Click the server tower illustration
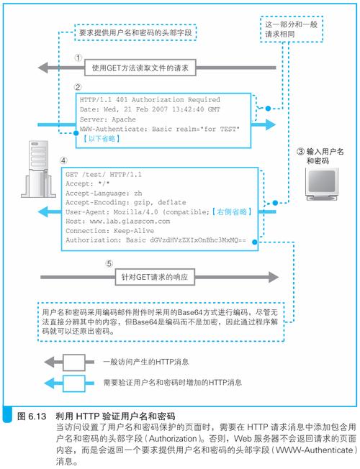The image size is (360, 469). tap(38, 169)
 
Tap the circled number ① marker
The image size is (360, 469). tap(78, 58)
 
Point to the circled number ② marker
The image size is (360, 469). tap(78, 87)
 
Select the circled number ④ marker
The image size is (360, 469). tap(63, 160)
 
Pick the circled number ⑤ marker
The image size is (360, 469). tap(109, 264)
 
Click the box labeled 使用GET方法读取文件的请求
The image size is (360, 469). tap(140, 68)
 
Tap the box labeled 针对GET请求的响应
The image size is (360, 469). tap(155, 277)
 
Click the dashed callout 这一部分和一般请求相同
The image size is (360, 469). tap(292, 29)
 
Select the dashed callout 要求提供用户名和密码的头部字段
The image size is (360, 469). tap(135, 32)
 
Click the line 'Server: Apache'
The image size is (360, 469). tap(108, 119)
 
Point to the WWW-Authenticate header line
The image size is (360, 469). tap(160, 129)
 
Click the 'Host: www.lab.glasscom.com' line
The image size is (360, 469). tap(117, 222)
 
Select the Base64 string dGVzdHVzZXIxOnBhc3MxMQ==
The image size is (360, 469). tap(198, 240)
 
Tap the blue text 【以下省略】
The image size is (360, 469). tap(102, 139)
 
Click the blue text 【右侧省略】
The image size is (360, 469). tap(232, 212)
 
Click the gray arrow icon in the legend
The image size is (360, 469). tap(69, 363)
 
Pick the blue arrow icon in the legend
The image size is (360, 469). tap(69, 383)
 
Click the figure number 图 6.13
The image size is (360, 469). tap(32, 416)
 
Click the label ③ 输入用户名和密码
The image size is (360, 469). tap(320, 156)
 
